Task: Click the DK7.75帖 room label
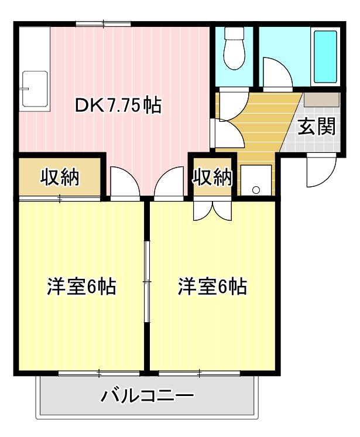118,106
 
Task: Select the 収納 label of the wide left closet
60,176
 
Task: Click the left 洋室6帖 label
81,287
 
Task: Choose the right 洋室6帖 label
212,287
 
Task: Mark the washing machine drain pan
256,180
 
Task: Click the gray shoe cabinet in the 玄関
321,99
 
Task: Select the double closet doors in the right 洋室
212,209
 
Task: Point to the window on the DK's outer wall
103,23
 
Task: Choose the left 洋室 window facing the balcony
99,373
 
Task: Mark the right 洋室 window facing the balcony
200,373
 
